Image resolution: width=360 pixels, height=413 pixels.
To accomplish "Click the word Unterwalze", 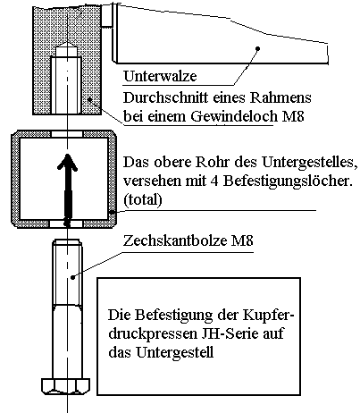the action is pos(160,76).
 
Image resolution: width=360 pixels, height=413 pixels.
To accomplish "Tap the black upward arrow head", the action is pos(67,163).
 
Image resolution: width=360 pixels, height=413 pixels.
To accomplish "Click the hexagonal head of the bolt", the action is pos(65,386).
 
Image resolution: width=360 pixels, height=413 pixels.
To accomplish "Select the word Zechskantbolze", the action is pos(175,240).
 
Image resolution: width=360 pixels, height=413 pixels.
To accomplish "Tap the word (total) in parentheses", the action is pos(143,199).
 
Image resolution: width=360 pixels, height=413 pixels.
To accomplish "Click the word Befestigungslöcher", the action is pos(288,181).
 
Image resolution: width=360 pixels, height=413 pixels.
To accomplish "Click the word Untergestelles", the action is pos(309,163).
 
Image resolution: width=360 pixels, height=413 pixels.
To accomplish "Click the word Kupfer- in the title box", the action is pos(268,316).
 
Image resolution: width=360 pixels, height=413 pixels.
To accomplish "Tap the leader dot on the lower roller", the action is pos(258,48).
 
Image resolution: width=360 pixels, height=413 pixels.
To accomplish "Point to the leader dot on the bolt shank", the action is pos(73,277).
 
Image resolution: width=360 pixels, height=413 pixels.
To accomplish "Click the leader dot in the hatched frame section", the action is pos(90,99).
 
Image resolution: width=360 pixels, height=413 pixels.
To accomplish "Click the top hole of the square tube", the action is pos(67,134).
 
